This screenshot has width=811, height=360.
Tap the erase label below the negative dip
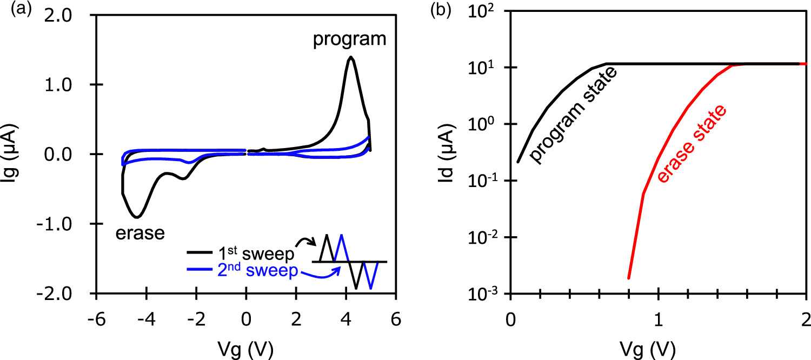tap(139, 234)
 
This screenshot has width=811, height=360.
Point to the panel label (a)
tap(12, 9)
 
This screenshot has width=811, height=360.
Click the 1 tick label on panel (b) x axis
tap(658, 317)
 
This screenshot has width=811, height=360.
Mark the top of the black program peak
tap(351, 57)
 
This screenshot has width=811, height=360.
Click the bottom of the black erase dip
tap(138, 217)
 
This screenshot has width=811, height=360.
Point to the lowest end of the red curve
tap(629, 278)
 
